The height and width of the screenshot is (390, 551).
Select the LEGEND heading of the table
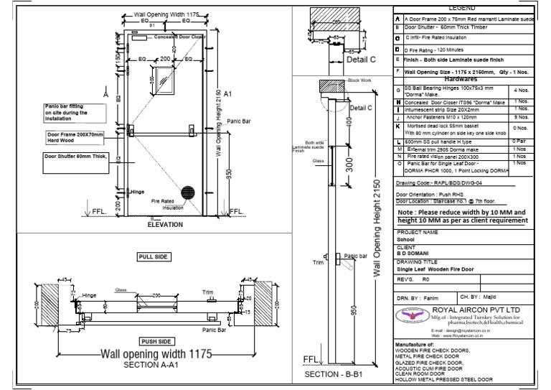click(x=461, y=8)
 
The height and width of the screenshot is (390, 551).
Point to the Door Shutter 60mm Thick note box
click(x=72, y=156)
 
